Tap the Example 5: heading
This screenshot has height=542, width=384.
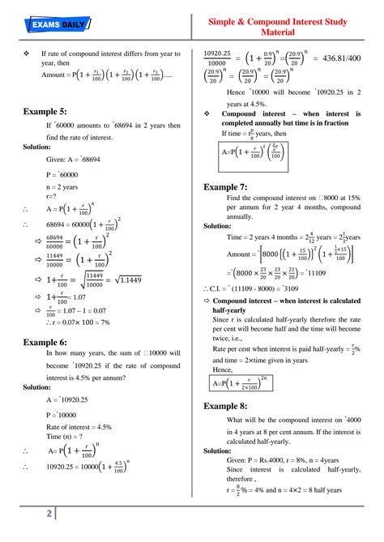click(x=46, y=111)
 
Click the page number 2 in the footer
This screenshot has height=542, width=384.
click(x=49, y=515)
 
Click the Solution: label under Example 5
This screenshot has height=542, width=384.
click(x=37, y=147)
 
